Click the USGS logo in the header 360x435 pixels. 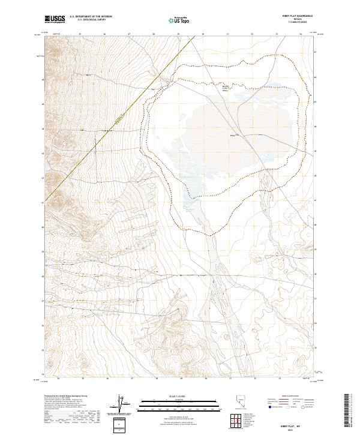[54, 19]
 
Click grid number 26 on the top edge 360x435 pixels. [104, 34]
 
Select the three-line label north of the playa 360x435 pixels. [226, 89]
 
